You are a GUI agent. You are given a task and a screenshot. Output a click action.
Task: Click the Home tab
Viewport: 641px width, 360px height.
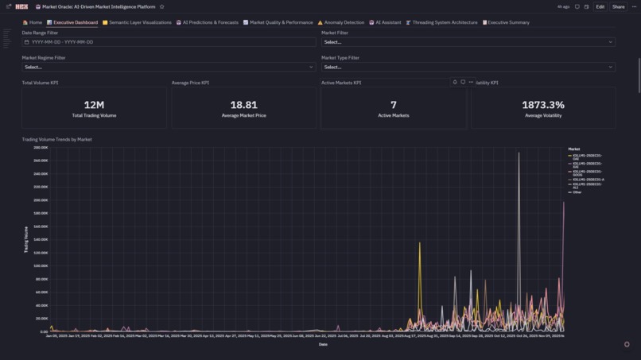33,22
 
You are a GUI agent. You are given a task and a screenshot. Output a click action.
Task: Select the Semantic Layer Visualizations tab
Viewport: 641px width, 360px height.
137,22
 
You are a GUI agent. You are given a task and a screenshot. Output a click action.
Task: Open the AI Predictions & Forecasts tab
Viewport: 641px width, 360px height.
208,22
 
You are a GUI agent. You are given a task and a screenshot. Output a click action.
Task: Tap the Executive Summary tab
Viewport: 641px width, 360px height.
506,22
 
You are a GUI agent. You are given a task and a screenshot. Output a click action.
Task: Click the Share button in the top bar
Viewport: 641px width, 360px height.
618,6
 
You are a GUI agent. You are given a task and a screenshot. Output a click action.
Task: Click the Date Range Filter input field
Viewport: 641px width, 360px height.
169,42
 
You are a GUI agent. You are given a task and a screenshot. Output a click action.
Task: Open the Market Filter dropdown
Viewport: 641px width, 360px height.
468,42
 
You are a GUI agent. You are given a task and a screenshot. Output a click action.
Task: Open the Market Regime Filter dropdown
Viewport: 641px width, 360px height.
169,67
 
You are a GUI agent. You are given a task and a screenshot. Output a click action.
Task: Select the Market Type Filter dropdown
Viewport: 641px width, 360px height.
468,67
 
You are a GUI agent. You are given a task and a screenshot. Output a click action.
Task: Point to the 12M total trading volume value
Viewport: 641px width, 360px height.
94,105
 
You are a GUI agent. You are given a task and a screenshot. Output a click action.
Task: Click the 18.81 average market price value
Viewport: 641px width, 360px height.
243,105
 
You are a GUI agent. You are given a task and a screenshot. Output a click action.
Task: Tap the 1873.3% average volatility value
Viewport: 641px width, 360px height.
542,105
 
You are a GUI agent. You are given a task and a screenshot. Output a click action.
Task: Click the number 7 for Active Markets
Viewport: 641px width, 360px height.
393,105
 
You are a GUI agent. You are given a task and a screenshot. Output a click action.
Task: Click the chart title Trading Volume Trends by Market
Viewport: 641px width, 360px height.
56,140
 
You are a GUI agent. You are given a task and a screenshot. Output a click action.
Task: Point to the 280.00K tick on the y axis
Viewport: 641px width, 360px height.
41,148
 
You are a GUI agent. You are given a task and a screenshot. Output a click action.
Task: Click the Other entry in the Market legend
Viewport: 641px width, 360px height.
577,192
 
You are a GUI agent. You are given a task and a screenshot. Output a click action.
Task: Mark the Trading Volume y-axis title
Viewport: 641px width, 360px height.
26,239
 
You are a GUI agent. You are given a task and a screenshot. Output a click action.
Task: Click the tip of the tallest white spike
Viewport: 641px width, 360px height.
519,153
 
